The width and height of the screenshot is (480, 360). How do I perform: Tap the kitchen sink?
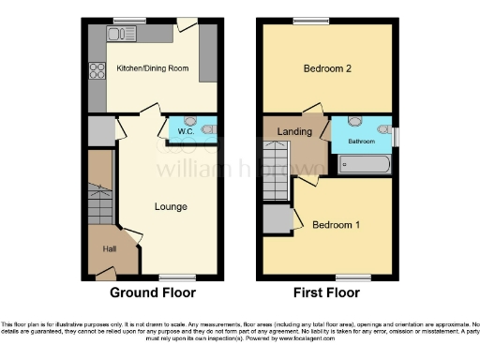(x=123, y=35)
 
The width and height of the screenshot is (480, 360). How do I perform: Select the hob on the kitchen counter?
(x=96, y=71)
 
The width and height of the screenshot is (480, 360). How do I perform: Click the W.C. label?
(x=186, y=131)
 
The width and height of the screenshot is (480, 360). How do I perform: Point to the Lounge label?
(x=170, y=206)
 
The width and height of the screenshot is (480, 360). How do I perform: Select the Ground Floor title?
(x=153, y=292)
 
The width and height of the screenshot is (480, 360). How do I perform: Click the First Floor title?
(x=327, y=292)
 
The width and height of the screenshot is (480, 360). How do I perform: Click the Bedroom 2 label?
(x=327, y=69)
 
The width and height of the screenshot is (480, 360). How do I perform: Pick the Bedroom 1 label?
(x=336, y=225)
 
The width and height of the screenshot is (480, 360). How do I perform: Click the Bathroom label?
(x=362, y=142)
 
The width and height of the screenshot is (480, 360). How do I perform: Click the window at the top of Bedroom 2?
(x=306, y=20)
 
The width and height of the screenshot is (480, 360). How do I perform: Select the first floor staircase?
(x=274, y=170)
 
